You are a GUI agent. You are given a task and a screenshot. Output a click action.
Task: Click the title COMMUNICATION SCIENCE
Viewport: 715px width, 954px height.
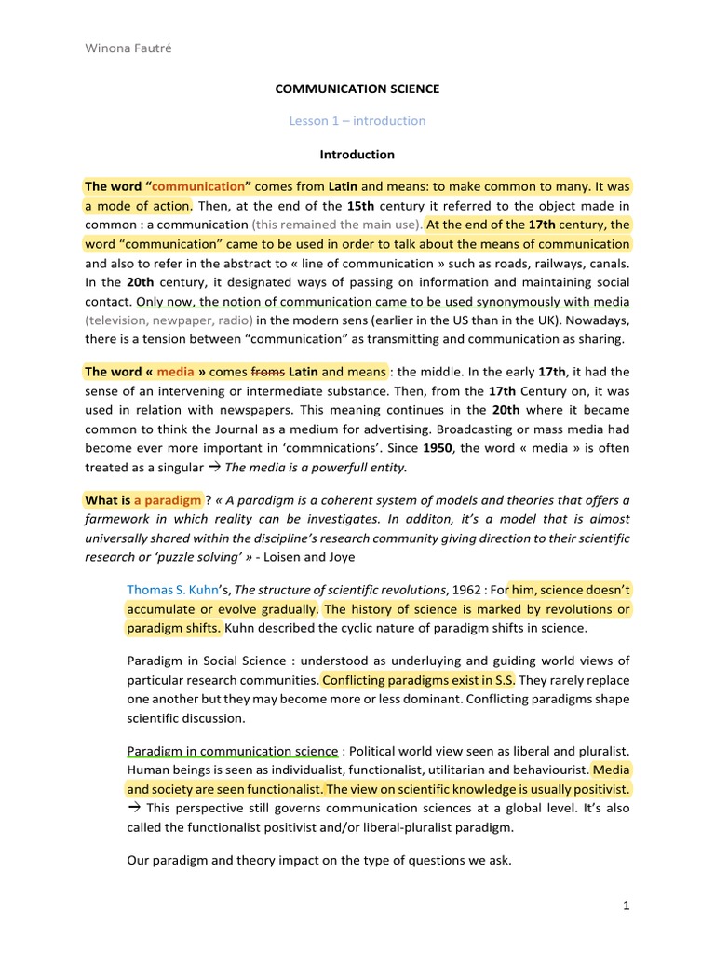(357, 89)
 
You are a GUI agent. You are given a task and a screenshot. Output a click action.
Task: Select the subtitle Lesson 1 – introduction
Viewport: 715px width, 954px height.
(357, 120)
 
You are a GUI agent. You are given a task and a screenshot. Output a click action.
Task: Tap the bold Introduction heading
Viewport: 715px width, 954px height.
(357, 154)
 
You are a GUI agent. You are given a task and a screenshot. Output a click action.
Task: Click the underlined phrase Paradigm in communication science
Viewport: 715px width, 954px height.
(232, 751)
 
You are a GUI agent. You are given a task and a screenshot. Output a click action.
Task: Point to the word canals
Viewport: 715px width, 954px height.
(610, 263)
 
